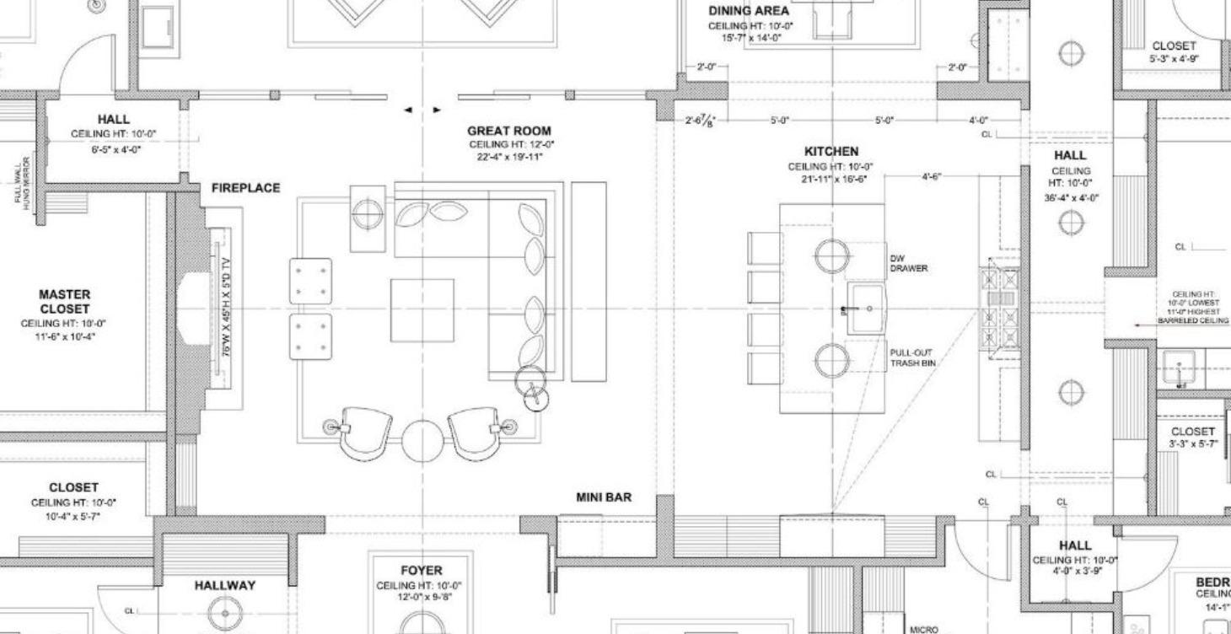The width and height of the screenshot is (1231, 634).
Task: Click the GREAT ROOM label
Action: tap(509, 131)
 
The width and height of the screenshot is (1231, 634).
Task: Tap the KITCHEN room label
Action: tap(831, 151)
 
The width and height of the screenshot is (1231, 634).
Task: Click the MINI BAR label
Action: tap(603, 497)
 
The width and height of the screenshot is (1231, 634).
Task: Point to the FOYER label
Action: tap(421, 571)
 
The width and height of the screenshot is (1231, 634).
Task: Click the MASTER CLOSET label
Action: tap(64, 302)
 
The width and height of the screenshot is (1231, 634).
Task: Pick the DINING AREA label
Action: tap(749, 11)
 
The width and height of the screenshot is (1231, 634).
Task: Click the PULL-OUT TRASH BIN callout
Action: tap(911, 358)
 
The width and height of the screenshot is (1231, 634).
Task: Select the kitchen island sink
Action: tap(866, 309)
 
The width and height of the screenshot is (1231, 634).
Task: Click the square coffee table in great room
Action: tap(422, 310)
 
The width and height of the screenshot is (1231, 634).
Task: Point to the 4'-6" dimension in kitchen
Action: tap(932, 177)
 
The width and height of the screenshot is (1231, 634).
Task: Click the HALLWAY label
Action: tap(224, 585)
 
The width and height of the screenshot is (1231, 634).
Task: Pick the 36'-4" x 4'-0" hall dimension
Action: tap(1070, 198)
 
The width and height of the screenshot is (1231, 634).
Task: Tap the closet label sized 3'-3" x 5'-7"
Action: tap(1192, 437)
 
